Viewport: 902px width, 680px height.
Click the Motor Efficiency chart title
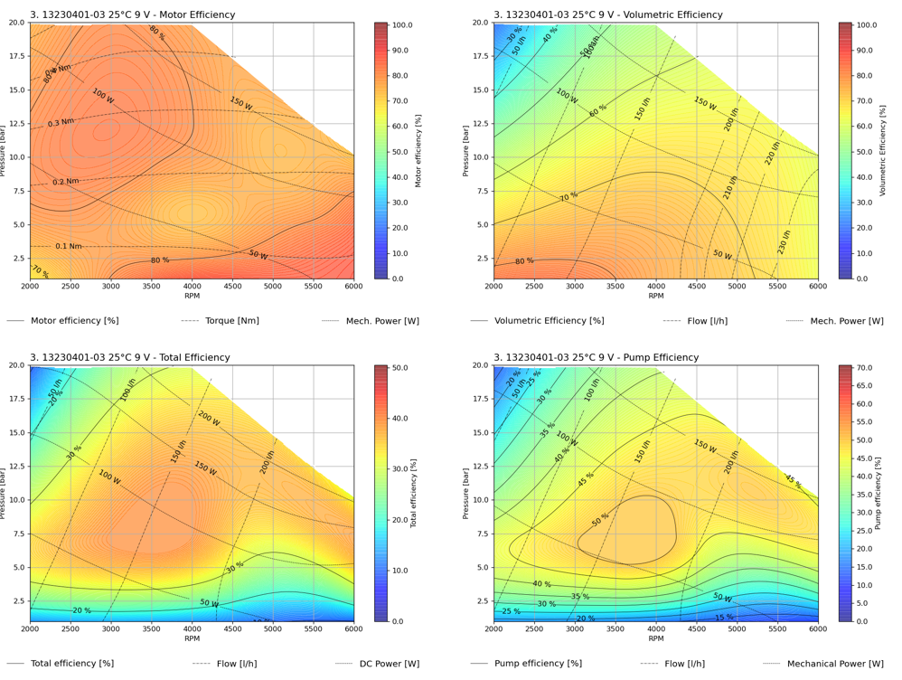pos(132,14)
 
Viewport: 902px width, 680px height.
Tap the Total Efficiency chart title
pos(129,357)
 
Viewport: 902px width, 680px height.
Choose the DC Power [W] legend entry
pos(382,664)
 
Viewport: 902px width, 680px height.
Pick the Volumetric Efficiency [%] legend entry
pos(549,321)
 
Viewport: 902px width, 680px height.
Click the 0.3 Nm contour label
pos(61,122)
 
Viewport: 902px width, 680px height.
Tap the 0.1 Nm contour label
pos(69,246)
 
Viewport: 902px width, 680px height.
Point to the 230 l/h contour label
pos(784,242)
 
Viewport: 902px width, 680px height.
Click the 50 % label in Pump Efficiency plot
pos(600,520)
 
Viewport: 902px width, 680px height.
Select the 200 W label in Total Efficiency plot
pos(209,418)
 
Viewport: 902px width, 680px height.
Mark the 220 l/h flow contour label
pos(772,152)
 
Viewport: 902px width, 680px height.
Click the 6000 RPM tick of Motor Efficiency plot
pos(353,286)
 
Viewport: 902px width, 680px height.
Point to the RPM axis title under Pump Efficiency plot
pos(655,638)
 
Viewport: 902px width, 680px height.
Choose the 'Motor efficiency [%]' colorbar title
pos(418,150)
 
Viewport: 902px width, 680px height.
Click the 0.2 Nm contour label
pos(65,182)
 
